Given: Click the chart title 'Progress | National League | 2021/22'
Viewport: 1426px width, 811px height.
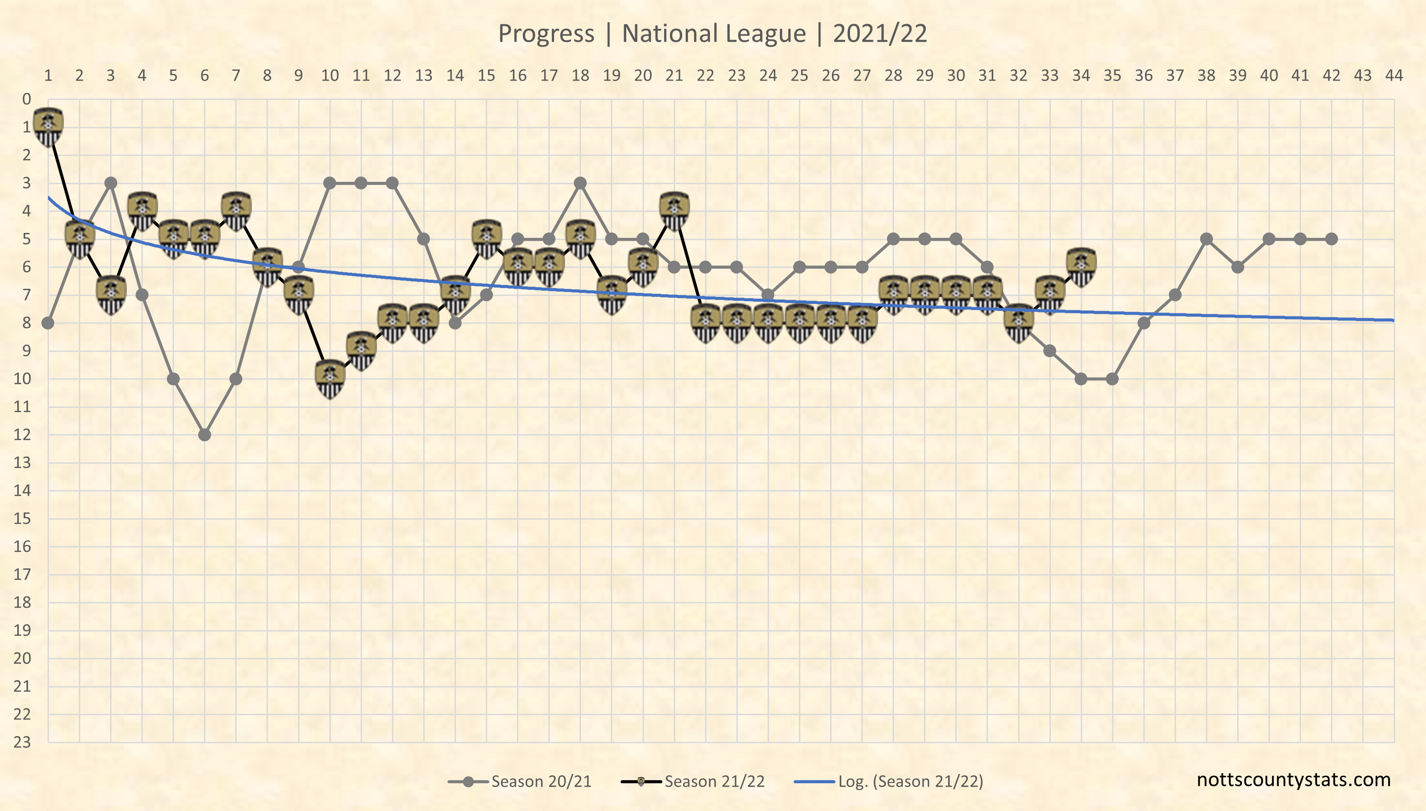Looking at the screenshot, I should click(713, 33).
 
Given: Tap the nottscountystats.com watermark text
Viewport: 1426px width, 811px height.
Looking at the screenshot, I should click(1293, 779).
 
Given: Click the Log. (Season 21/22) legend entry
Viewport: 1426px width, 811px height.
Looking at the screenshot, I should click(888, 782).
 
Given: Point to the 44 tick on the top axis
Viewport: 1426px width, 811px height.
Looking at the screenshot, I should click(1394, 75).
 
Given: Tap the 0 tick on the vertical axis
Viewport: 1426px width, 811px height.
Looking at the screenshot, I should click(26, 99).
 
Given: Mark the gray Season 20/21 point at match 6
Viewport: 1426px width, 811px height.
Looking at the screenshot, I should click(204, 435).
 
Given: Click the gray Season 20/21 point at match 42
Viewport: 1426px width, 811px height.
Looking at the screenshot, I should click(1331, 239).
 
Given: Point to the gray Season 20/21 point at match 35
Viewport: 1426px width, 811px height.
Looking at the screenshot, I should click(1112, 379).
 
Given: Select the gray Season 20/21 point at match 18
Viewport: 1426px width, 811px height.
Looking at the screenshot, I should click(580, 183).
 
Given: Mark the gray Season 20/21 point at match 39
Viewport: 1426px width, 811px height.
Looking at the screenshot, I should click(1238, 267).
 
